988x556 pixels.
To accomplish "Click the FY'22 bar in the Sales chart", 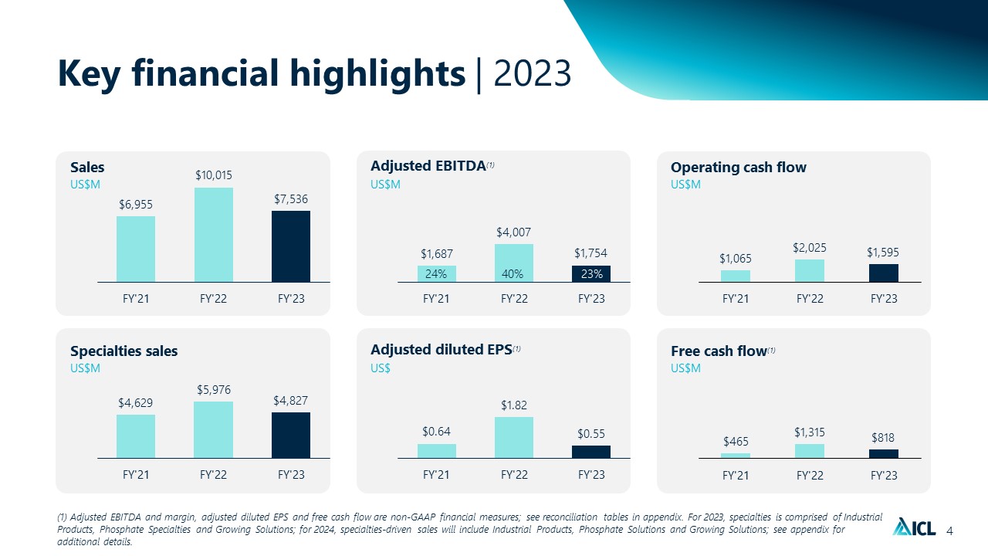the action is pyautogui.click(x=214, y=235).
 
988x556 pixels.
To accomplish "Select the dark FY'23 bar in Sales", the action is pyautogui.click(x=291, y=246).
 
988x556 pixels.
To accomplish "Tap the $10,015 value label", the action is pyautogui.click(x=214, y=175).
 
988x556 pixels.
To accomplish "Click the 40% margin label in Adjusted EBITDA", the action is pyautogui.click(x=513, y=274).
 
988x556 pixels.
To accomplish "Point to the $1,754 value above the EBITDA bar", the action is pyautogui.click(x=590, y=253).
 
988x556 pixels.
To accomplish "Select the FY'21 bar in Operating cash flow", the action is pyautogui.click(x=736, y=276).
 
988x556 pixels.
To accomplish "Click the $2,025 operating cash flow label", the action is pyautogui.click(x=810, y=248).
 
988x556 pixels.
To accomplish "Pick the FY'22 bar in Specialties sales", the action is pyautogui.click(x=214, y=430).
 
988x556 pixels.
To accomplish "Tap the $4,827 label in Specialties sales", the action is pyautogui.click(x=290, y=401).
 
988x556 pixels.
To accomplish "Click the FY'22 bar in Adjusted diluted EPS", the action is pyautogui.click(x=514, y=438).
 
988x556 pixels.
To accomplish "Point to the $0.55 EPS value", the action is pyautogui.click(x=591, y=434).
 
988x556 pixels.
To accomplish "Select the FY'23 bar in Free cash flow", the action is pyautogui.click(x=884, y=454).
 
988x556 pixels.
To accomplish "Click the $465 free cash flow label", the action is pyautogui.click(x=736, y=441).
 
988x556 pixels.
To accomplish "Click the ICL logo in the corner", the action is pyautogui.click(x=914, y=527).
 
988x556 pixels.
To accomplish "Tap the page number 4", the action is pyautogui.click(x=949, y=531).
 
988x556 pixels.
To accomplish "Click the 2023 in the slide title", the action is pyautogui.click(x=533, y=73).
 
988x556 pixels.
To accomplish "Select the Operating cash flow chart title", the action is pyautogui.click(x=739, y=168).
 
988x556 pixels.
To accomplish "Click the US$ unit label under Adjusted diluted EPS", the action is pyautogui.click(x=381, y=368).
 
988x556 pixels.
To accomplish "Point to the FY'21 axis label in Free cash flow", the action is pyautogui.click(x=736, y=475).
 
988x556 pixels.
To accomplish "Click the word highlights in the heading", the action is pyautogui.click(x=377, y=73).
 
